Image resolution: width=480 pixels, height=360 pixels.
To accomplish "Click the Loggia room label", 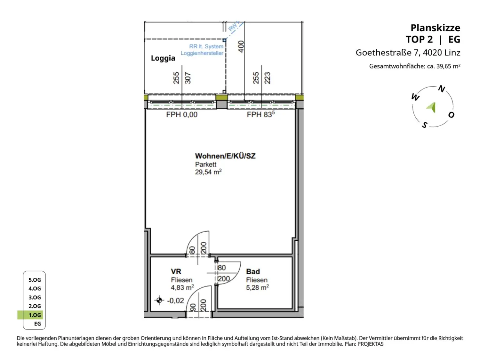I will [x=163, y=58].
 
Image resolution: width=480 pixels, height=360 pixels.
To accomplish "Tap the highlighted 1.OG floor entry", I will [x=34, y=315].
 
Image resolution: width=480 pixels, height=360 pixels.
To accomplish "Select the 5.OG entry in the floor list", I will [x=34, y=280].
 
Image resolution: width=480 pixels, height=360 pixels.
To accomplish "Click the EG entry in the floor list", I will [x=37, y=324].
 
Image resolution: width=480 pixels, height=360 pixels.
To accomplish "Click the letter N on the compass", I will [x=441, y=89].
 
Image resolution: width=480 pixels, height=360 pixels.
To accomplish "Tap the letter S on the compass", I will [x=424, y=125].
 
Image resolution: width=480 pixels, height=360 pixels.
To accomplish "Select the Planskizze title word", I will [x=435, y=28].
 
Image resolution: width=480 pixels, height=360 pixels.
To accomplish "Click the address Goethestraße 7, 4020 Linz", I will [x=408, y=52].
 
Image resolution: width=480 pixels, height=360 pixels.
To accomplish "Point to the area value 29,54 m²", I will [x=208, y=172].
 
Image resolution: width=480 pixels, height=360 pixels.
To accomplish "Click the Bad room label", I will [x=253, y=272].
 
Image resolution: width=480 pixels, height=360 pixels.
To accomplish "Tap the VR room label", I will [x=176, y=272].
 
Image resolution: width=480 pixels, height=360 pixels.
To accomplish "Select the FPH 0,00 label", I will [x=182, y=115].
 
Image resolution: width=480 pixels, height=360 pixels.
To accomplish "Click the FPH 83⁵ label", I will [x=261, y=115].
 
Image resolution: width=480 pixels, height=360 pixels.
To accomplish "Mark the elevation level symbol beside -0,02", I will [x=159, y=300].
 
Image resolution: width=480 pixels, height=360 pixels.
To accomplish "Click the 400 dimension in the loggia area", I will [x=241, y=47].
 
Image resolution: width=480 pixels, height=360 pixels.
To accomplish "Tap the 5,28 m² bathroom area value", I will [x=257, y=287].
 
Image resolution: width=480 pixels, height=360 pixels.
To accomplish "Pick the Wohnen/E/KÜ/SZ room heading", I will [x=225, y=156].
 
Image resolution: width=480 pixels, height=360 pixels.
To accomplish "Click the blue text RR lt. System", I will [x=206, y=46].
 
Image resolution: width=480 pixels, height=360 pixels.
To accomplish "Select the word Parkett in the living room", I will [x=206, y=164].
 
